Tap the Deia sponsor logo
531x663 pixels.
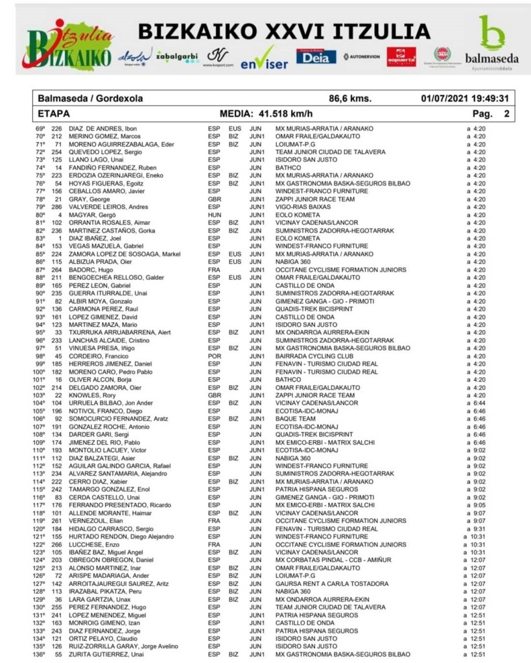[x=316, y=56]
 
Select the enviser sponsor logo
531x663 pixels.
[x=264, y=59]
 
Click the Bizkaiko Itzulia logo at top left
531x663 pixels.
[x=67, y=44]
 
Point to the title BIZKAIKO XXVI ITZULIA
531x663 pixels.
[x=284, y=31]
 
